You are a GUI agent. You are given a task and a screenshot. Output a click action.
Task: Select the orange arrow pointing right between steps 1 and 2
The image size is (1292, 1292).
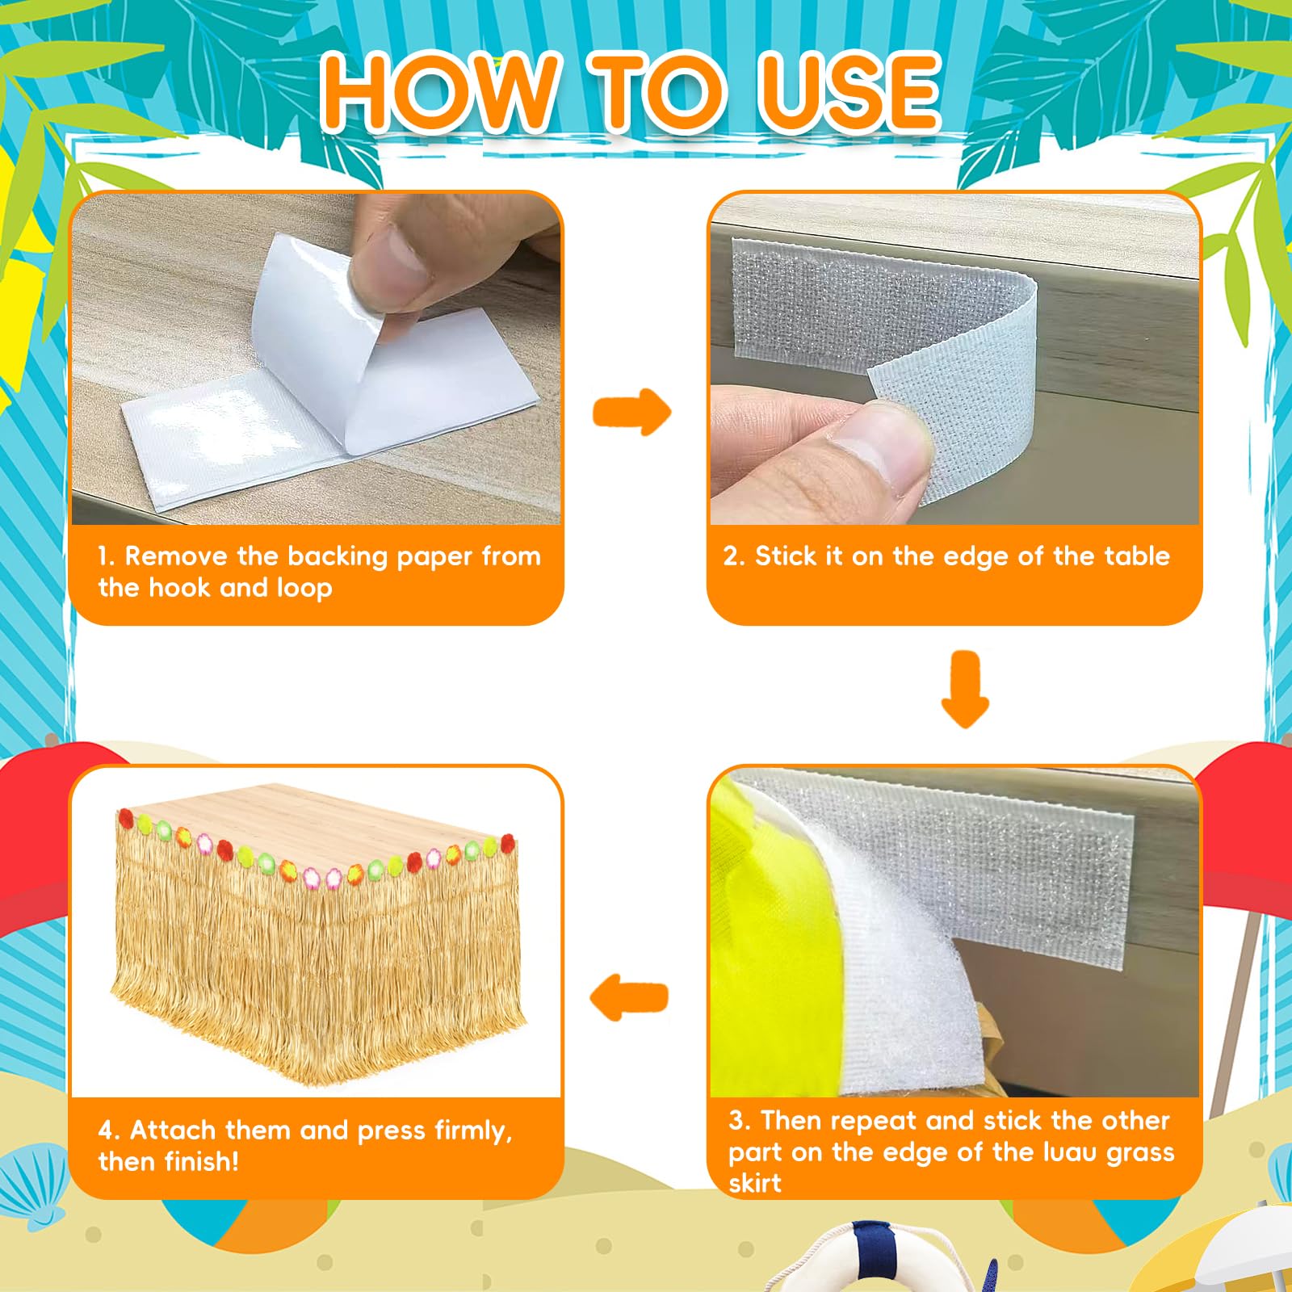tap(631, 412)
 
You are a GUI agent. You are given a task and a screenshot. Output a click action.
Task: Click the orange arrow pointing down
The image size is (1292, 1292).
tap(966, 690)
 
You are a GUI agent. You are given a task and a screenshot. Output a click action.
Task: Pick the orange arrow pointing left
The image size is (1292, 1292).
tap(630, 997)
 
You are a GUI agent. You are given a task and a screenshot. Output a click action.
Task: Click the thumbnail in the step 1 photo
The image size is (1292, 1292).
tap(392, 266)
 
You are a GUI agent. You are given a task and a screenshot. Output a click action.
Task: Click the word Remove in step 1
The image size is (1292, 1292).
tap(176, 556)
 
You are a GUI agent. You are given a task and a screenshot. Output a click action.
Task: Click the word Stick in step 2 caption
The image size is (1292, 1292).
tap(787, 556)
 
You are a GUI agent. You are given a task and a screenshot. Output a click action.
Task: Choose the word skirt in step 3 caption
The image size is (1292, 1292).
tap(755, 1183)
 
